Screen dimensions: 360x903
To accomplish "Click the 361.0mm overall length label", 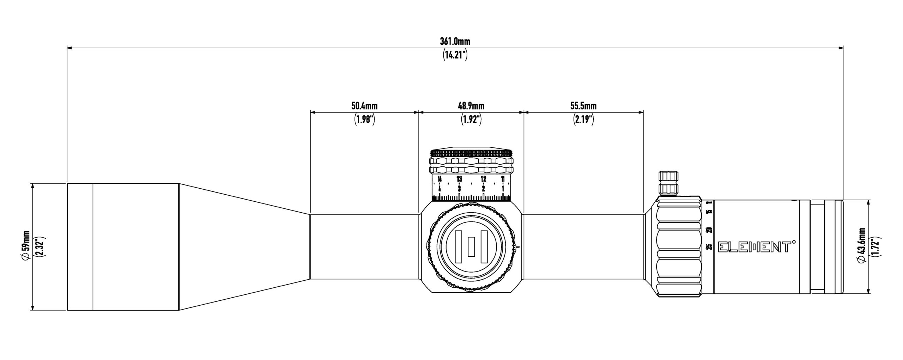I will tap(455, 41).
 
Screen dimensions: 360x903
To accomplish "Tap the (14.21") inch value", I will tap(455, 55).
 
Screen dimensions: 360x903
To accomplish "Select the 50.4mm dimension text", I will tap(364, 106).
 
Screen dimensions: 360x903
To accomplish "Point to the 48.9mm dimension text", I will tap(471, 106).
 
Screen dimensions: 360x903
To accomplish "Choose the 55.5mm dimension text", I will tap(583, 106).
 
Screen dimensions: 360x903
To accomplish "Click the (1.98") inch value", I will tap(364, 120).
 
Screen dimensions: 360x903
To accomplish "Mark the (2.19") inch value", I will tap(583, 120).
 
